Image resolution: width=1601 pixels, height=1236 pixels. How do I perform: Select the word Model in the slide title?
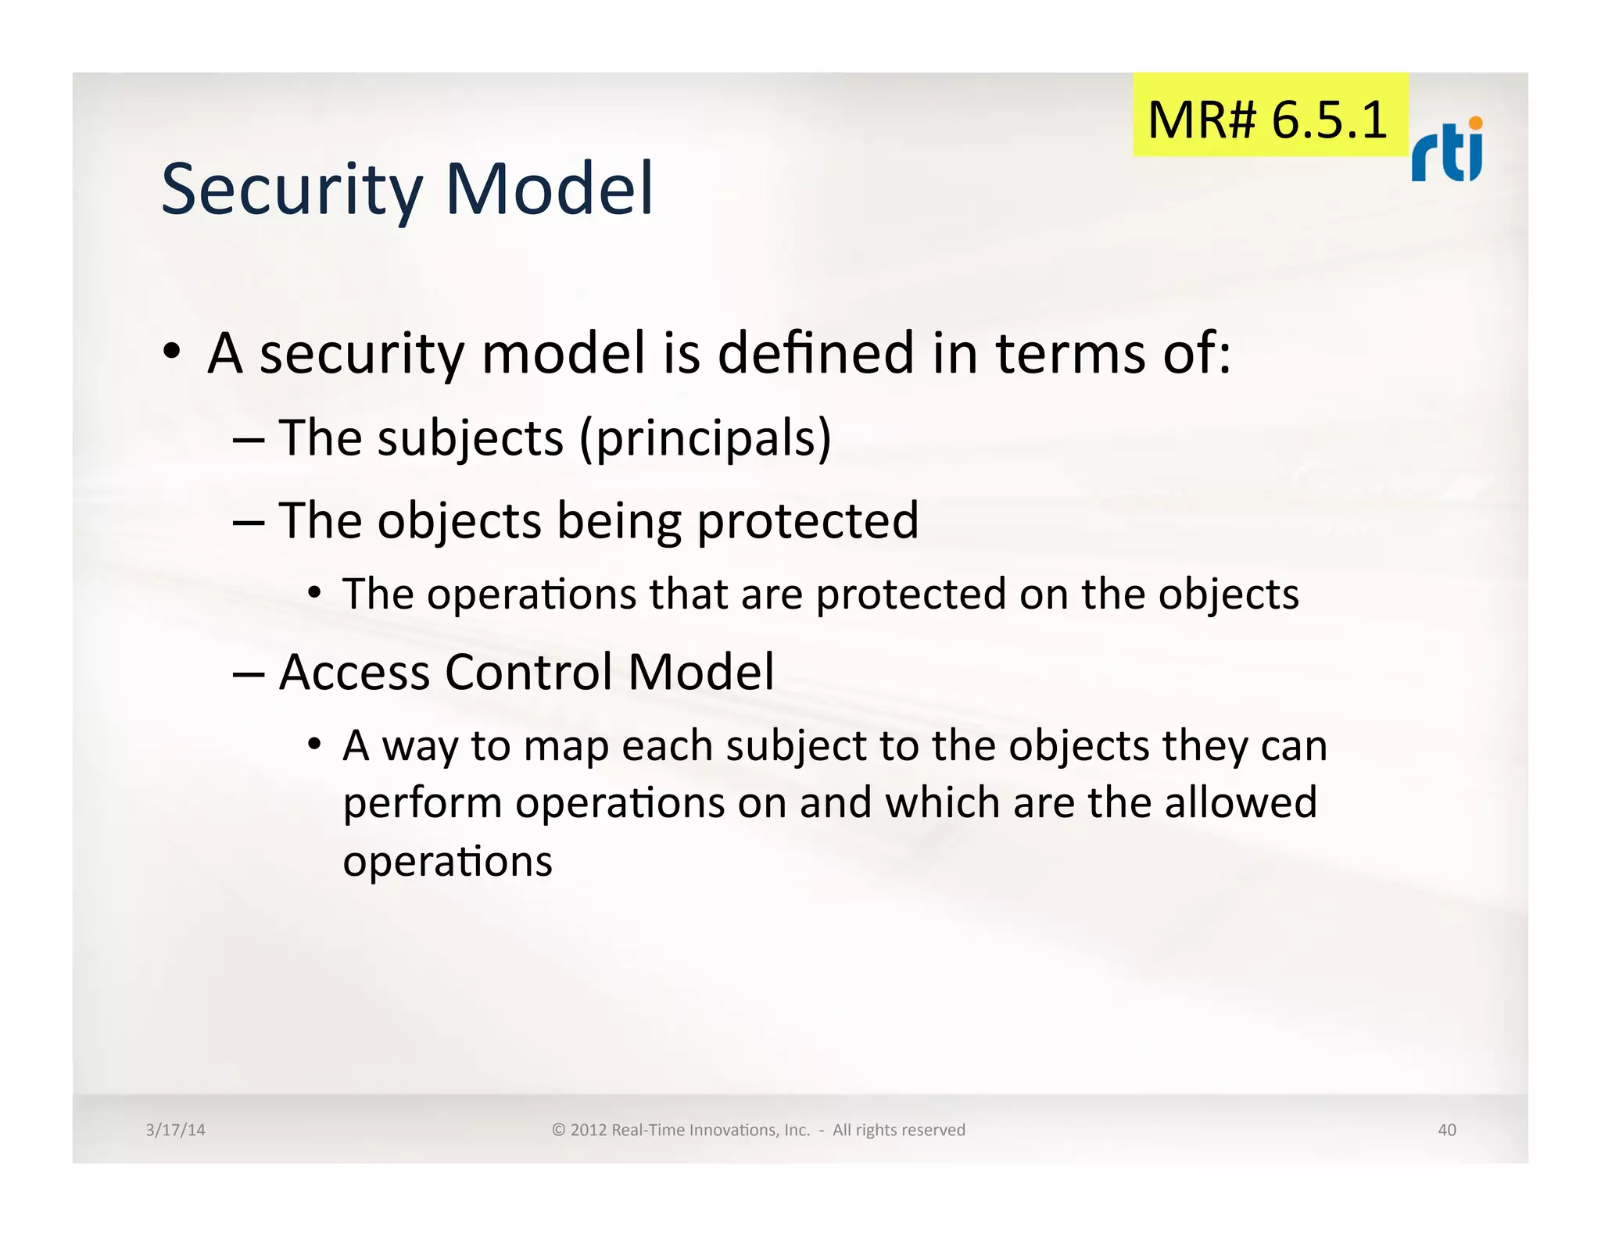point(549,189)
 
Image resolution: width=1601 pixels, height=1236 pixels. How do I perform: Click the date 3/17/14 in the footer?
point(175,1130)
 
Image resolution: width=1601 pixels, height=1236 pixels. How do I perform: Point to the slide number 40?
point(1446,1130)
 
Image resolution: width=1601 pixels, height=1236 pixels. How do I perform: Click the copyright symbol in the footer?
point(558,1130)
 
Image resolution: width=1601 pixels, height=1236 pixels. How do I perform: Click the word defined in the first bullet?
point(815,353)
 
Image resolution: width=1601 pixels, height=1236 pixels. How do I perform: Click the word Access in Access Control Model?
point(354,672)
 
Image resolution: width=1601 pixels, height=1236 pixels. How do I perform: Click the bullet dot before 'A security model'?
point(172,351)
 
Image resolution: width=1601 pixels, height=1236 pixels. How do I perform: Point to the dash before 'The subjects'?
point(248,439)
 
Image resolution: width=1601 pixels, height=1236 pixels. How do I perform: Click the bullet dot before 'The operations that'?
point(314,593)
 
